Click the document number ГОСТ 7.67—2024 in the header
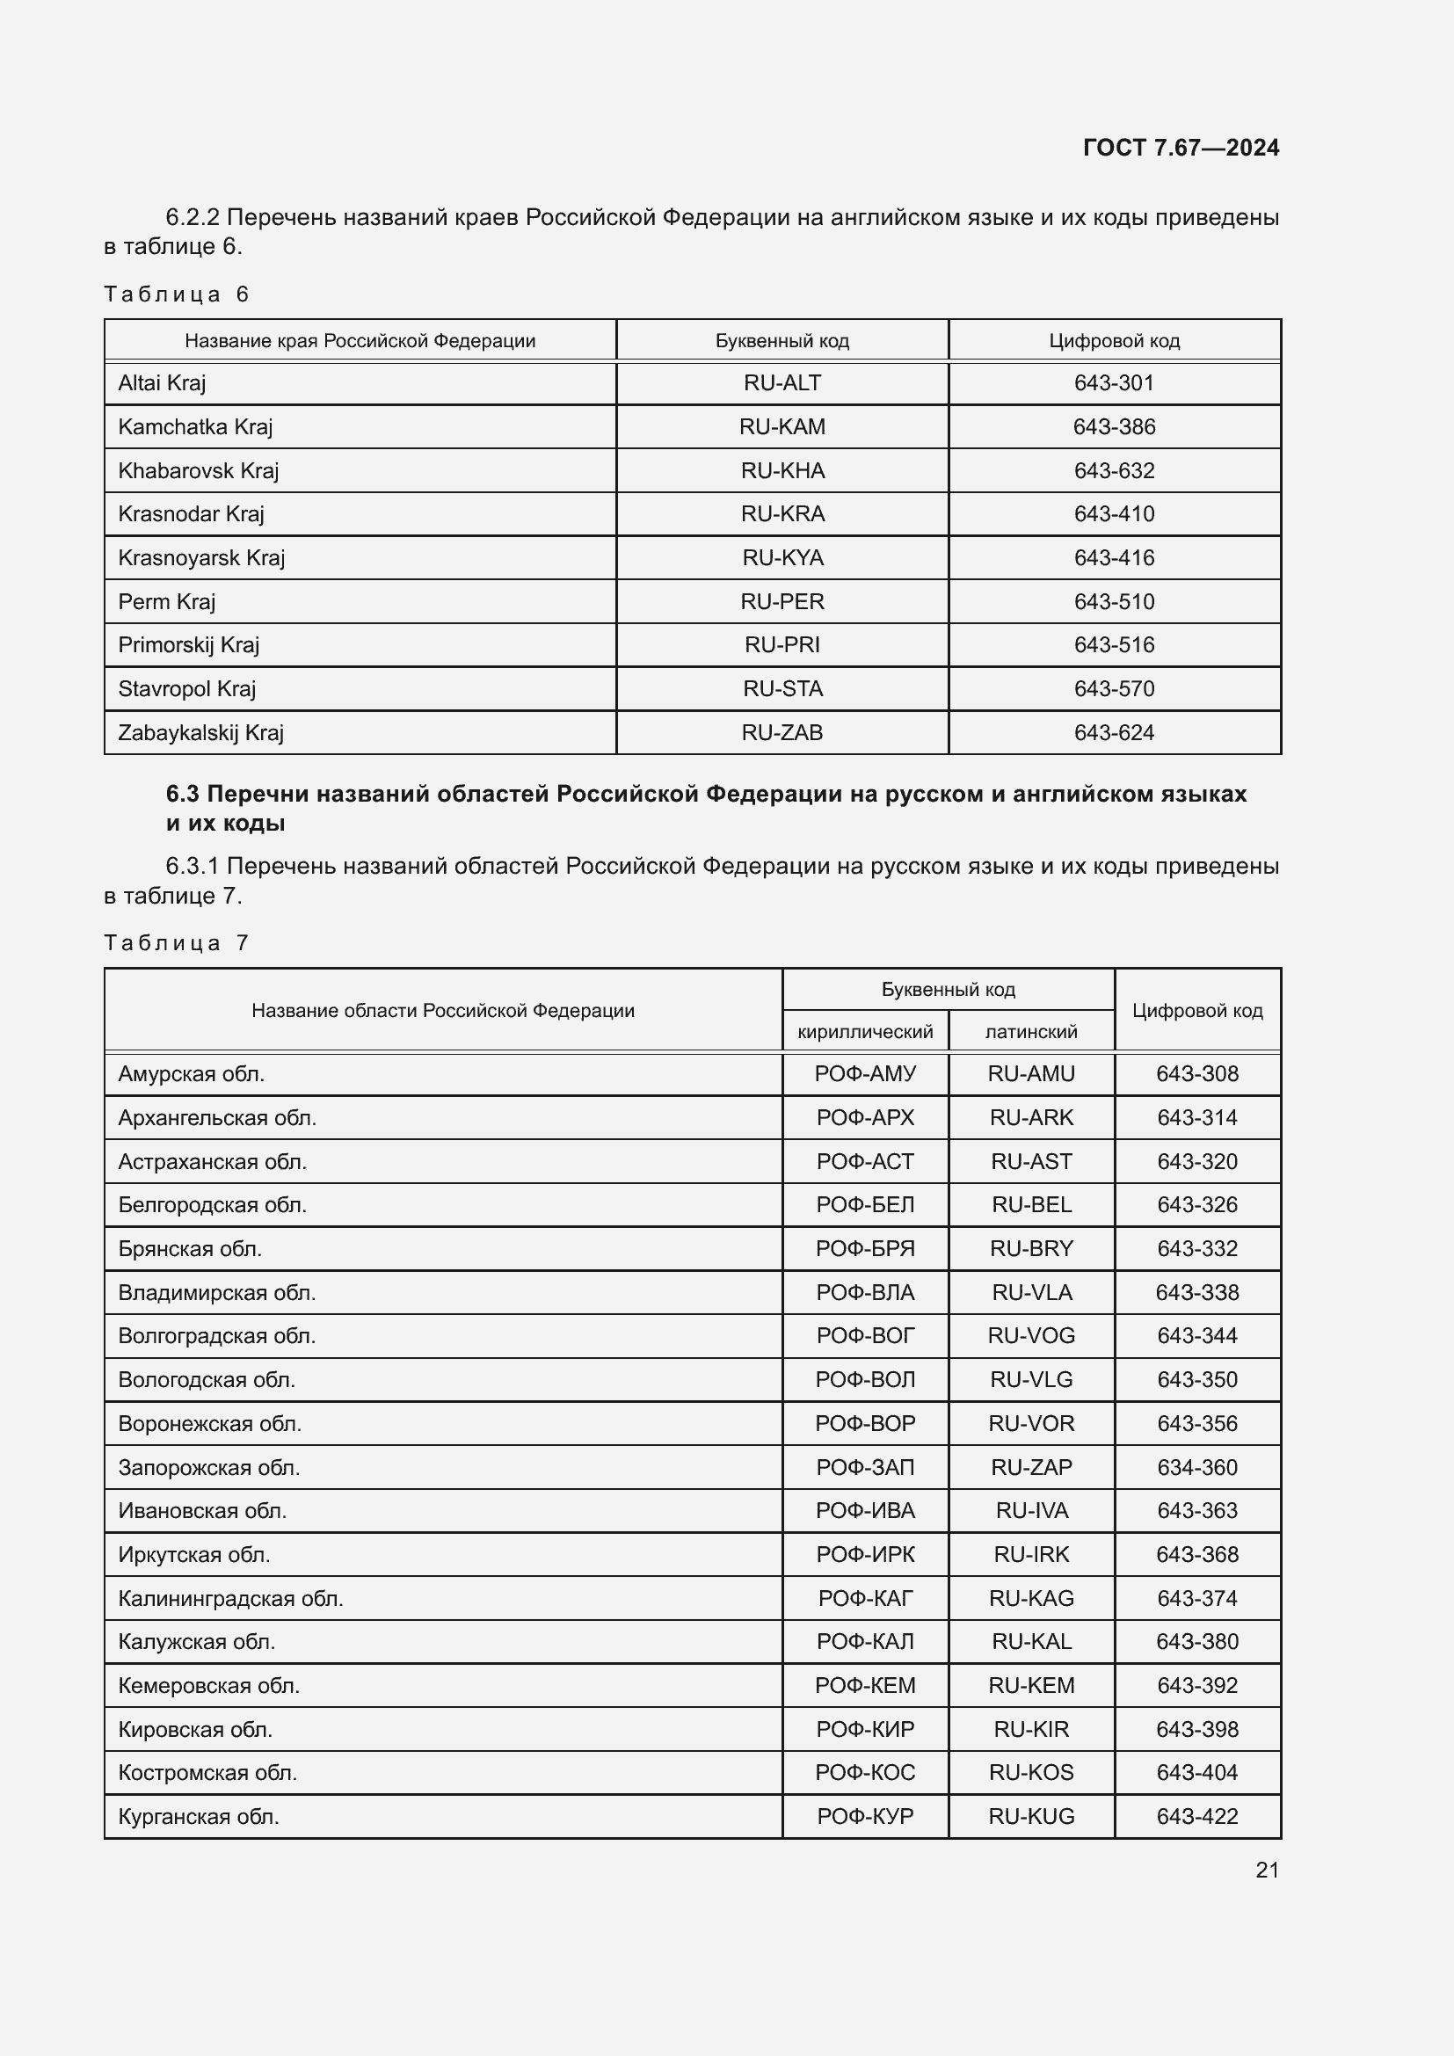point(1180,148)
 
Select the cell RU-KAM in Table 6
point(782,427)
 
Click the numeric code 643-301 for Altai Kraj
point(1114,383)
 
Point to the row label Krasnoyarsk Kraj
point(201,558)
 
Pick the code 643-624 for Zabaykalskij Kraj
point(1114,732)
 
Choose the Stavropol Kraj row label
point(187,688)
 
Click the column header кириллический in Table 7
point(865,1032)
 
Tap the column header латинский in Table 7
point(1030,1032)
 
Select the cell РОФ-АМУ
point(865,1073)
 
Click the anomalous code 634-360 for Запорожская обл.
point(1196,1468)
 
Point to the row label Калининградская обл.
point(231,1598)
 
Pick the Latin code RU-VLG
point(1030,1380)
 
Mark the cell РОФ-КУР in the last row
point(865,1816)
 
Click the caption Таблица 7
point(176,943)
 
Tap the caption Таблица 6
point(176,294)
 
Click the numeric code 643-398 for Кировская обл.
point(1196,1729)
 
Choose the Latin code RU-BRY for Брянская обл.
point(1030,1249)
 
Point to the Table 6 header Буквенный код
point(782,341)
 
